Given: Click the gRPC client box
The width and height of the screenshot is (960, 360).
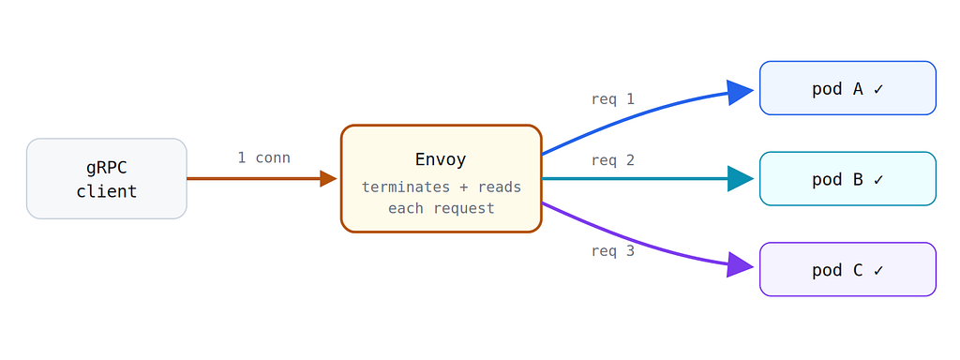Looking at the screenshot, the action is (107, 179).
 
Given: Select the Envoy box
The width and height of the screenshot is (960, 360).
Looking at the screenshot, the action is (442, 179).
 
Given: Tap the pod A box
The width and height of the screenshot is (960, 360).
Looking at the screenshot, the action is (847, 88).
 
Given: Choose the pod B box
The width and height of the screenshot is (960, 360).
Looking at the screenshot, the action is (847, 179).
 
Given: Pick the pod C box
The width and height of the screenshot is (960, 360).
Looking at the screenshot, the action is (847, 269).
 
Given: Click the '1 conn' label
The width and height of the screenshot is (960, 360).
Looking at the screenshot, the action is (263, 157).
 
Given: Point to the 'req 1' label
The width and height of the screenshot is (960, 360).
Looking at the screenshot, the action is (613, 99).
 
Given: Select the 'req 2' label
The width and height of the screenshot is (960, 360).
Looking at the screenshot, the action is (613, 160).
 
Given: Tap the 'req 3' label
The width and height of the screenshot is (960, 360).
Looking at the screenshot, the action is (613, 251).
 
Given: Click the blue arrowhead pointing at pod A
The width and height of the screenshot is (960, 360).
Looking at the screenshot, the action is (740, 93).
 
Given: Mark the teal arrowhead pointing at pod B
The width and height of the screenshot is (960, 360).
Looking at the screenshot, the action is (741, 179).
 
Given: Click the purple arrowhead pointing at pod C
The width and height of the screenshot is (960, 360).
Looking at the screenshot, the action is (740, 265).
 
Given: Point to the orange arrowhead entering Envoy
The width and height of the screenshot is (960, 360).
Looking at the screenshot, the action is (328, 179).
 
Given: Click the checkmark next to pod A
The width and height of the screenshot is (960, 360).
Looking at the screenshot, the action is (878, 89).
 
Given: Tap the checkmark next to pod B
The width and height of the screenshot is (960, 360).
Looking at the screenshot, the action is (878, 180).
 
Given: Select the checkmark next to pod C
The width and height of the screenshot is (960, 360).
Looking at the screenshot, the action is (878, 271).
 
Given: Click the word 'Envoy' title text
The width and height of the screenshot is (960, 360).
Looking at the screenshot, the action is (441, 159).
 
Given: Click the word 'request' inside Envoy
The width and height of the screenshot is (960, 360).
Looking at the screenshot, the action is (463, 209).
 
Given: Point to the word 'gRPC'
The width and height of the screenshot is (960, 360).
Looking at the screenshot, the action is (107, 168).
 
